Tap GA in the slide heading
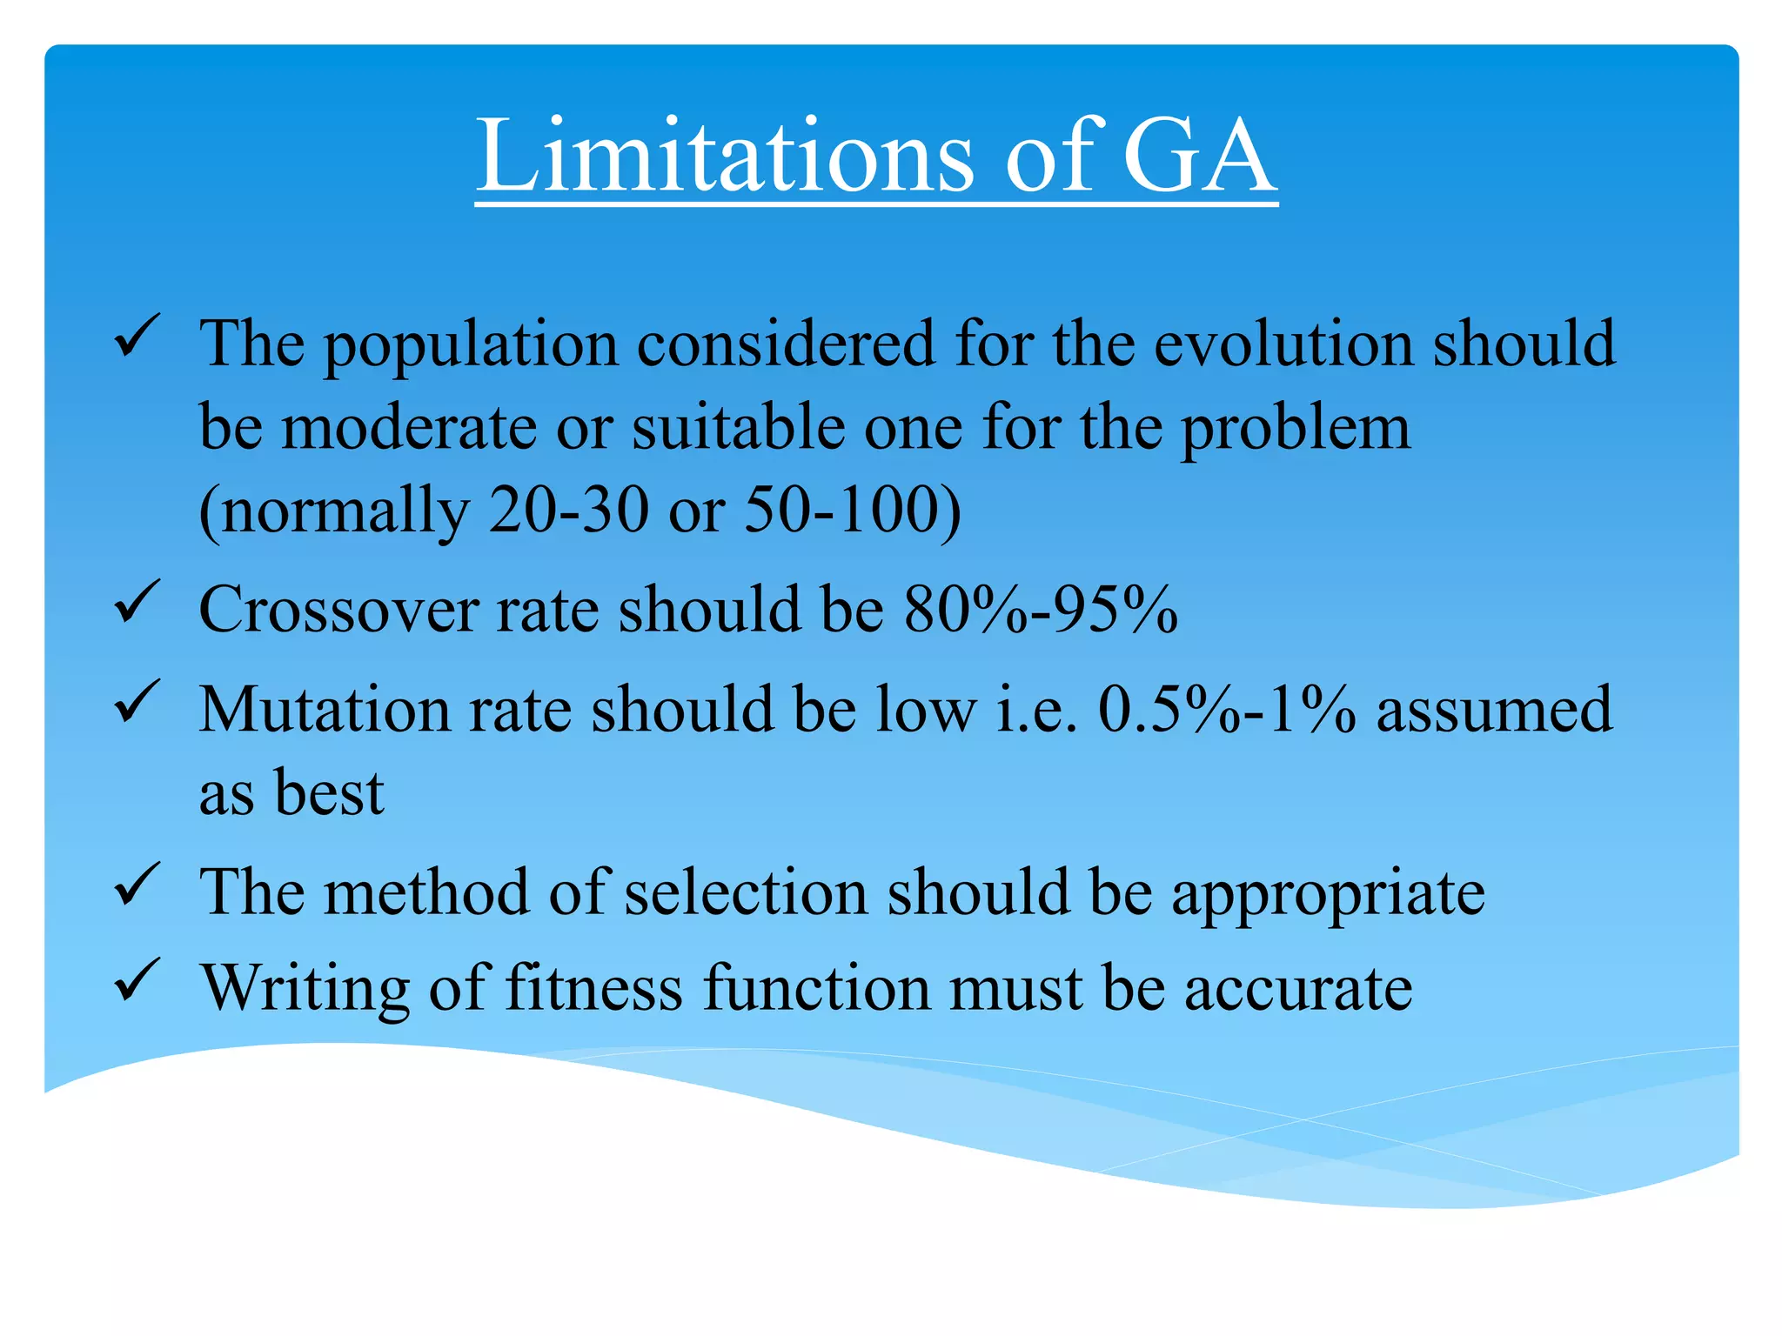[x=1199, y=157]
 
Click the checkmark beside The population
[x=136, y=337]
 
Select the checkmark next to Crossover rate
[x=136, y=602]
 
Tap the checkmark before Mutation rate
[x=136, y=702]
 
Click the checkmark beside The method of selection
[x=136, y=885]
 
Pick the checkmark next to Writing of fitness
[x=136, y=980]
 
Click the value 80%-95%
[x=1041, y=609]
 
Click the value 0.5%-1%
[x=1226, y=710]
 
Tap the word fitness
[x=593, y=988]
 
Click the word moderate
[x=409, y=427]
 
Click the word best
[x=329, y=792]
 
